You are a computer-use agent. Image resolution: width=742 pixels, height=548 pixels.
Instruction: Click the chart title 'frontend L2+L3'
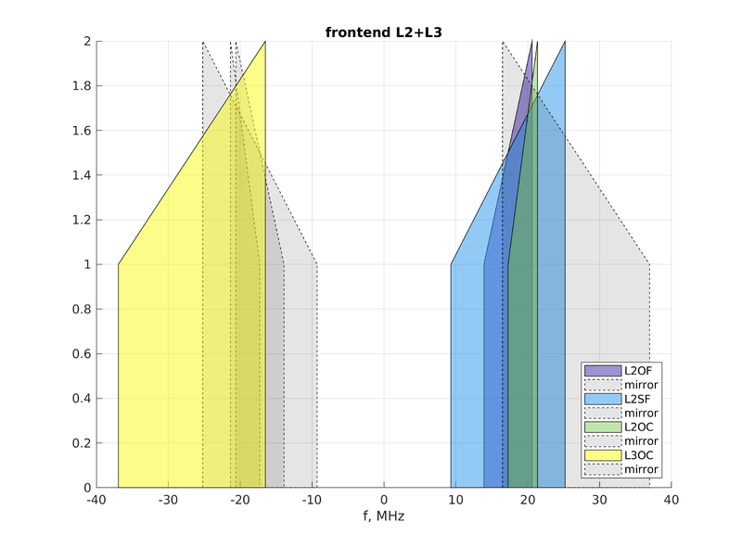tap(383, 32)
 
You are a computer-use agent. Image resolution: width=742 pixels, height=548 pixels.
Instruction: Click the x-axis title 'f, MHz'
tap(383, 516)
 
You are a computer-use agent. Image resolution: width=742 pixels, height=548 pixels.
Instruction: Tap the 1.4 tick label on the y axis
tap(81, 175)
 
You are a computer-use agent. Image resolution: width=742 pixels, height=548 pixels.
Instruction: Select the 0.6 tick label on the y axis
tap(81, 354)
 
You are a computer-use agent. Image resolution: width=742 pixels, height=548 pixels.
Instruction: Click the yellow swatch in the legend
tap(603, 455)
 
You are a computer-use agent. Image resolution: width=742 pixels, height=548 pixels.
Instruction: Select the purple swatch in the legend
tap(603, 371)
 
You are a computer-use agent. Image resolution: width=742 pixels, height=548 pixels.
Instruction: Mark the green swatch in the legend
tap(603, 427)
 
